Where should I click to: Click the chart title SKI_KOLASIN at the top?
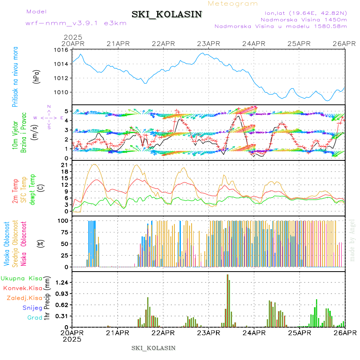coord(167,14)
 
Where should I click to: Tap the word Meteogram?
coord(233,4)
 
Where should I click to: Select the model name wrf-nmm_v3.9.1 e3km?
coord(76,23)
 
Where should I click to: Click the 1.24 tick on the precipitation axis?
coord(62,282)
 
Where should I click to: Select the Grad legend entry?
coord(34,318)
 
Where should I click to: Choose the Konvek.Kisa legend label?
coord(22,288)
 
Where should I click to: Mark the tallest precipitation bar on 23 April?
coord(227,300)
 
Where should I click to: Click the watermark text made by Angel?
coord(352,240)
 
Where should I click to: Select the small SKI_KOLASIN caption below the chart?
coord(153,348)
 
